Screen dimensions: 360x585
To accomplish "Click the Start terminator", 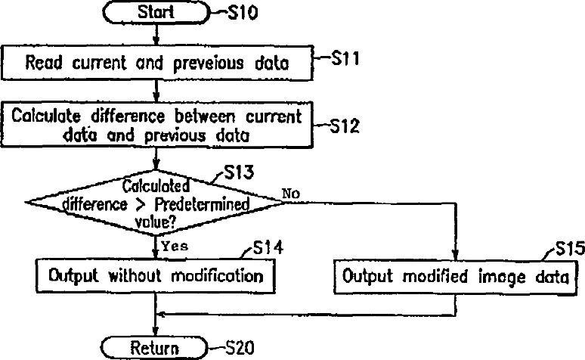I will coord(156,13).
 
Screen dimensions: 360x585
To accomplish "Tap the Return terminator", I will coord(156,349).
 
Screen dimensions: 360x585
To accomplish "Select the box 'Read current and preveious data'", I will coord(156,64).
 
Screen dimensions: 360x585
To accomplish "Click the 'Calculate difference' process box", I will coord(156,125).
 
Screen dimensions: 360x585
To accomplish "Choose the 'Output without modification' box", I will coord(155,276).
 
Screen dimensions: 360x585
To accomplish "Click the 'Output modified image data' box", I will coord(455,276).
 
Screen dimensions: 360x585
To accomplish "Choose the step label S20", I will coord(241,348).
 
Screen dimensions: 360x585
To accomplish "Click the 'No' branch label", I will coord(292,194).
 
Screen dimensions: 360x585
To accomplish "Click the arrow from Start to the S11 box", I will coord(156,36).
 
